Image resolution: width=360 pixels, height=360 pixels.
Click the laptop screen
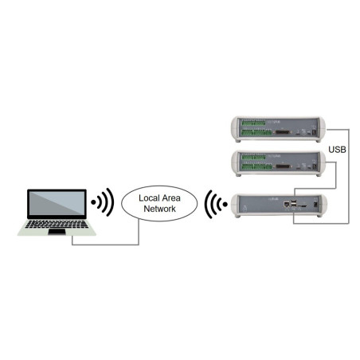point(56,205)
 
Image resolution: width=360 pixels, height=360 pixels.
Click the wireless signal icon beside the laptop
point(101,202)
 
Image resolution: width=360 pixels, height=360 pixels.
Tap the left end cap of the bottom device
point(234,206)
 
